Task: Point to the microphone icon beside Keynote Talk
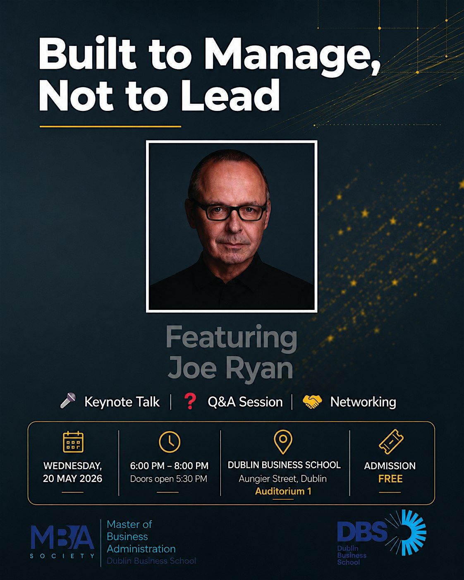coord(68,400)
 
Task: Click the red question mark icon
coord(190,401)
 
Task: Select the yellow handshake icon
coord(312,402)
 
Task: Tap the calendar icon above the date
coord(73,442)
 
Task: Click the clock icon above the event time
coord(170,442)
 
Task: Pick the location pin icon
coord(283,442)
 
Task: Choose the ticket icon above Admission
coord(391,442)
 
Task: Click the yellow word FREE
coord(390,479)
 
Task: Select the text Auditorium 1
coord(283,491)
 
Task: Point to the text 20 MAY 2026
coord(72,478)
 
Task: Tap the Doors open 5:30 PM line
coord(169,479)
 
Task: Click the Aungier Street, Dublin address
coord(282,479)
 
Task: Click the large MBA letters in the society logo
coord(62,537)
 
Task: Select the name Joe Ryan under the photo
coord(230,367)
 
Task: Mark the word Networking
coord(363,402)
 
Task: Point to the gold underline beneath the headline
coord(110,126)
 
